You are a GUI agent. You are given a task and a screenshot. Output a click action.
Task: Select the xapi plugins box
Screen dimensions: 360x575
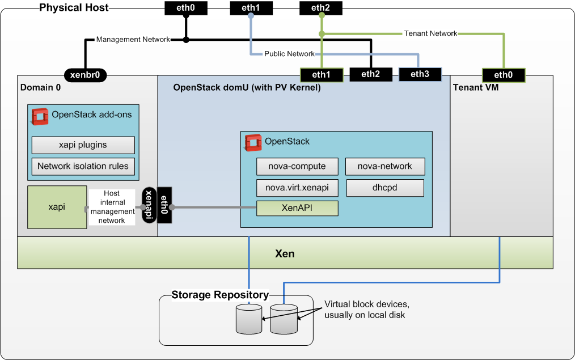point(83,145)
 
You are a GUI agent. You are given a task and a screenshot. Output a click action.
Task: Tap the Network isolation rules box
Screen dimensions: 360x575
point(83,167)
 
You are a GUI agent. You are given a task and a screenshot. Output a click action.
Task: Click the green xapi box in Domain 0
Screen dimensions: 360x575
point(57,207)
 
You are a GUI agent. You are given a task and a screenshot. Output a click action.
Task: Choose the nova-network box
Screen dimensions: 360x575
point(385,167)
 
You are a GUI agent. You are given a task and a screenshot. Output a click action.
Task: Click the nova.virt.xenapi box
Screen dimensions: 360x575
point(297,188)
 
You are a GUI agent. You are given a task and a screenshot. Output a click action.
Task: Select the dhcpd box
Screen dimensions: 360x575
point(385,188)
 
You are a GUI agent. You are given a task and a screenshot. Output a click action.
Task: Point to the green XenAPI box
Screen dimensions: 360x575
point(297,208)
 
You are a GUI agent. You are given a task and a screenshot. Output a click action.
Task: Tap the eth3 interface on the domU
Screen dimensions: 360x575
point(420,74)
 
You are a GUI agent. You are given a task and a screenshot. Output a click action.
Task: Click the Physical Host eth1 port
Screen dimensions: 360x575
point(251,8)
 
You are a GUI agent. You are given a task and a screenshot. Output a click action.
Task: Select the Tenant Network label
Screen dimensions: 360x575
point(431,33)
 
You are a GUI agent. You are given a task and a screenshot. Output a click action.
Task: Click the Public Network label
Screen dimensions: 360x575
point(289,54)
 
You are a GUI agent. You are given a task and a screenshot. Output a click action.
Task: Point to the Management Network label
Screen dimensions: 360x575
point(133,40)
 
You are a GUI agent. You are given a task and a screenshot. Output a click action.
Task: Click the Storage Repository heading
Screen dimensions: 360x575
point(220,295)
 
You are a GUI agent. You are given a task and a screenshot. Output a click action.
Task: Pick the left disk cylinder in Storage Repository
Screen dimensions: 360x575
point(248,318)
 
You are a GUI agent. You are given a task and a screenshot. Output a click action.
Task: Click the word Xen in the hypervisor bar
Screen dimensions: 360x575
point(285,253)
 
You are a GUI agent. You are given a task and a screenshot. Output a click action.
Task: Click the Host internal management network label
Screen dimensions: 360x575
point(112,207)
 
